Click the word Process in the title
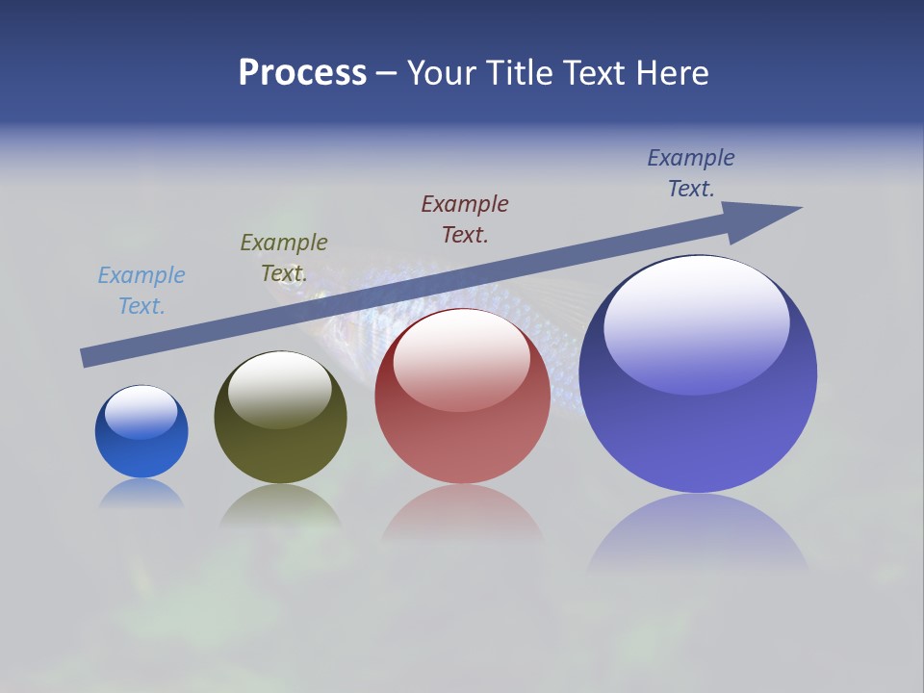pyautogui.click(x=302, y=73)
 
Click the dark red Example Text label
pyautogui.click(x=465, y=218)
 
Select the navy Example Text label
pyautogui.click(x=691, y=173)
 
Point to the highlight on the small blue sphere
pyautogui.click(x=141, y=412)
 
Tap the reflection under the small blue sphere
pyautogui.click(x=141, y=493)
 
